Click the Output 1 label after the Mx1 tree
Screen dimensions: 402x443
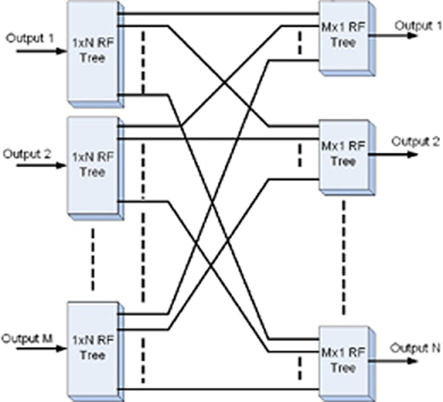click(x=418, y=26)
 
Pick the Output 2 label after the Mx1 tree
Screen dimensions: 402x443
click(x=415, y=142)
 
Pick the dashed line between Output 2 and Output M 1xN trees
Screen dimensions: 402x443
click(x=93, y=259)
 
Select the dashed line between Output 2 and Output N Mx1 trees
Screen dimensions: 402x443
click(x=344, y=256)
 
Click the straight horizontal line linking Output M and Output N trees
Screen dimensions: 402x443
click(x=219, y=388)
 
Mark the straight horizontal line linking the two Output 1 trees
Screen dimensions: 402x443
click(x=219, y=14)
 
